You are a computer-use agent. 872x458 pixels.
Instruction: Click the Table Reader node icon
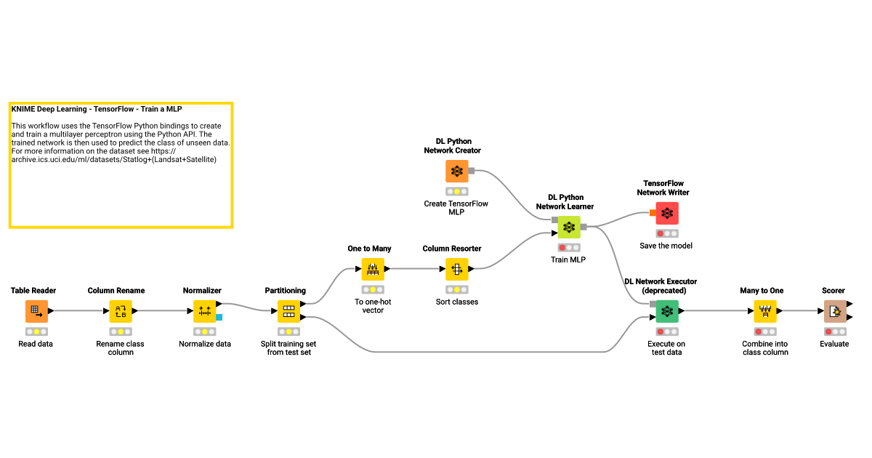click(x=36, y=311)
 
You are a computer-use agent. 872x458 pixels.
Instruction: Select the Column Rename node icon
click(x=121, y=311)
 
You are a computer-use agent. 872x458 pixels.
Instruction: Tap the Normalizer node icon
click(x=204, y=311)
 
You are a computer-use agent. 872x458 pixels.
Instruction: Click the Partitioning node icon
click(x=288, y=311)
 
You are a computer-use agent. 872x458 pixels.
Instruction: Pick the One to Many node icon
click(x=373, y=270)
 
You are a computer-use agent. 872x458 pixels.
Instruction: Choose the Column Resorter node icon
click(x=457, y=270)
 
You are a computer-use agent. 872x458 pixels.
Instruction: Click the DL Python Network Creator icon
click(x=457, y=172)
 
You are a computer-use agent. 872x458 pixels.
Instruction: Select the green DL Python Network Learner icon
click(x=569, y=228)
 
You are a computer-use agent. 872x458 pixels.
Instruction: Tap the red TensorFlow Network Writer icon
click(x=666, y=213)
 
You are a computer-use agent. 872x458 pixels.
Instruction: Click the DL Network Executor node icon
click(x=666, y=311)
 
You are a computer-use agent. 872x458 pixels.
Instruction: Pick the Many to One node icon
click(x=764, y=311)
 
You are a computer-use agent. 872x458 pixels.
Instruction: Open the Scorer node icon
click(x=835, y=311)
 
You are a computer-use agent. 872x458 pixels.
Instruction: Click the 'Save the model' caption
click(x=666, y=246)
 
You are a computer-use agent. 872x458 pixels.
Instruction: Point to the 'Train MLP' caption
click(x=568, y=260)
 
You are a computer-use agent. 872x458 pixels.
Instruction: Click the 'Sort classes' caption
click(x=456, y=302)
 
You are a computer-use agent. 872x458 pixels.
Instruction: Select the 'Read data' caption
click(x=36, y=344)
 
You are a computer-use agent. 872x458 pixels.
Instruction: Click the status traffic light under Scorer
click(x=834, y=332)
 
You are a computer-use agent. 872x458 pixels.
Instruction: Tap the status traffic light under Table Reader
click(x=36, y=332)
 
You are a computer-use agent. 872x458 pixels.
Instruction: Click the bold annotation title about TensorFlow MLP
click(x=97, y=109)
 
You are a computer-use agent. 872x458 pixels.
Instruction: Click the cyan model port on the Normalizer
click(x=219, y=317)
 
